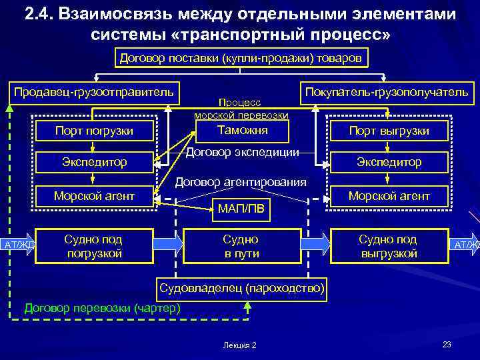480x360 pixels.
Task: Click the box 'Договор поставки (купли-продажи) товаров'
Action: (240, 59)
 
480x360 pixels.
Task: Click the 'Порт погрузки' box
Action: (95, 131)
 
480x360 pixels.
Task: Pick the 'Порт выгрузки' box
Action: (389, 131)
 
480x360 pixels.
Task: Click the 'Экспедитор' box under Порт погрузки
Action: (95, 162)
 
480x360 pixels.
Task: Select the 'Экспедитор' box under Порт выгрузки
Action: (389, 162)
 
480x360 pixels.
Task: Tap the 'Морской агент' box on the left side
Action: (95, 195)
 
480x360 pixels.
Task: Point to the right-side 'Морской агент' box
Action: (389, 195)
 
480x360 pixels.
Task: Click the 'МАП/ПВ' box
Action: (241, 211)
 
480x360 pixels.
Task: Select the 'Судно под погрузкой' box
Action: (93, 246)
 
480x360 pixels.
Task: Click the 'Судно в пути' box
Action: (241, 246)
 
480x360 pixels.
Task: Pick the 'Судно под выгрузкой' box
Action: (388, 246)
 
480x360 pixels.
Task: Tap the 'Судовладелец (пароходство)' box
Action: (241, 289)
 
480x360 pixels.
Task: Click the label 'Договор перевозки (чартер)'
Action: (102, 308)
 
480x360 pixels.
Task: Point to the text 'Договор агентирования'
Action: (241, 182)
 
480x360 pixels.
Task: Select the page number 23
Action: (447, 344)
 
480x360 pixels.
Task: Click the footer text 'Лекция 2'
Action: (241, 345)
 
